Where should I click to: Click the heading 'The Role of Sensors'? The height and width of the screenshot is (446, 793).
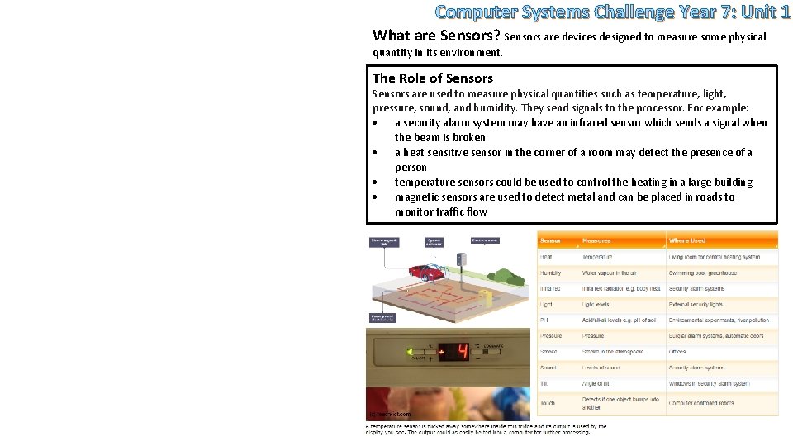[432, 78]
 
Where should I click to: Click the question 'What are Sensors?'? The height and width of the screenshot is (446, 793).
[437, 36]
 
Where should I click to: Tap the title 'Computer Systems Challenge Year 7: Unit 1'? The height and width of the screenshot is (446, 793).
[612, 12]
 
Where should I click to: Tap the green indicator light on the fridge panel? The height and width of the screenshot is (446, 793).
[410, 353]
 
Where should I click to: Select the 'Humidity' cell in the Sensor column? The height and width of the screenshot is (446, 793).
[551, 273]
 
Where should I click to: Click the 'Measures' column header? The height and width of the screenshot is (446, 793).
[596, 240]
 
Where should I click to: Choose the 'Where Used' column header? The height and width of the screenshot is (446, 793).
[686, 240]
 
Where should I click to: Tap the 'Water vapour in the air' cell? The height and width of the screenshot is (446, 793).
[610, 273]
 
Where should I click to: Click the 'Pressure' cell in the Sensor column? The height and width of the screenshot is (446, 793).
[551, 336]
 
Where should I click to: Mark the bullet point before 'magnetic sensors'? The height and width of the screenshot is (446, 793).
[375, 197]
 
